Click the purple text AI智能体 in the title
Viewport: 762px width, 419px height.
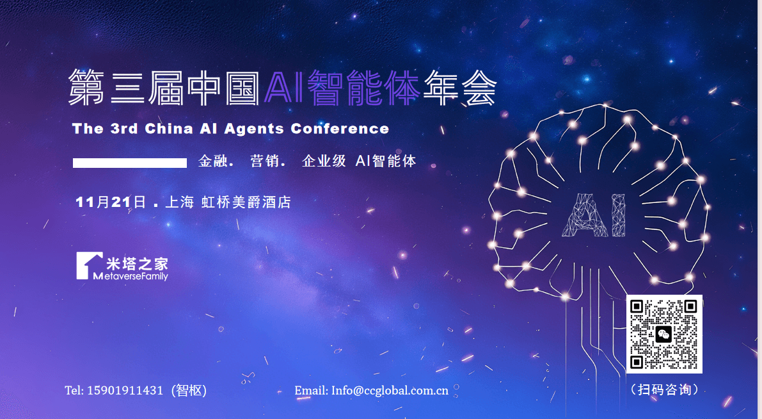coord(342,88)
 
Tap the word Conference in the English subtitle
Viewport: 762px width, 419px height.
coord(340,129)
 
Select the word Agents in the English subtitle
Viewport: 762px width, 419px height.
coord(253,129)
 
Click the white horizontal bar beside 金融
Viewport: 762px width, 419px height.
coord(130,163)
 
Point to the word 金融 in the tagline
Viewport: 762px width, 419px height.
coord(212,161)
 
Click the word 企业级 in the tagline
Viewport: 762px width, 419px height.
coord(324,161)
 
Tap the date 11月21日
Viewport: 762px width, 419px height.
coord(110,202)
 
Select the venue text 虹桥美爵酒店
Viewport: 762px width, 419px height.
coord(246,202)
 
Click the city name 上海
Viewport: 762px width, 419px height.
coord(179,202)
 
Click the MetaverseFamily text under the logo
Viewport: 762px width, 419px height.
coord(131,276)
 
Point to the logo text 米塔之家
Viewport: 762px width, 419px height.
coord(137,264)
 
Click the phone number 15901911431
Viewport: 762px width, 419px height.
coord(125,390)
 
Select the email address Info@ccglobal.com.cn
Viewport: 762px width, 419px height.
coord(390,390)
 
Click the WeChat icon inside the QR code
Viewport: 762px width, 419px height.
coord(664,334)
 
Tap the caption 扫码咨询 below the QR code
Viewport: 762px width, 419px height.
coord(664,390)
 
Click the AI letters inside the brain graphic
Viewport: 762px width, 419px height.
coord(593,215)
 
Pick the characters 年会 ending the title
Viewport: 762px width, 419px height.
coord(459,88)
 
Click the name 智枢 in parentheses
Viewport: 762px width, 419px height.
coord(189,390)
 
